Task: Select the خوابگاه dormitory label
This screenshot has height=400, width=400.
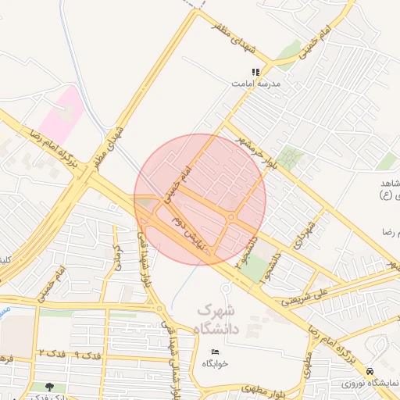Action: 215,363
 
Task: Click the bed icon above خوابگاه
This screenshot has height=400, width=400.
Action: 216,352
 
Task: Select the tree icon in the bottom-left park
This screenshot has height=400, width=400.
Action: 50,387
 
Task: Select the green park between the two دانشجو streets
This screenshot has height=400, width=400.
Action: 255,268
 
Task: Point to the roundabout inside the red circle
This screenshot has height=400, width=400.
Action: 233,216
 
